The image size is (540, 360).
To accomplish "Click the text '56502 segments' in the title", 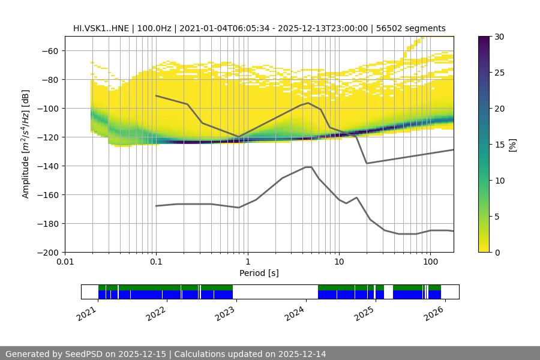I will pos(415,28).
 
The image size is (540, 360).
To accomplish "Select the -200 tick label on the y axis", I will pos(50,252).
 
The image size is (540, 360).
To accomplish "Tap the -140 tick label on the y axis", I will pos(50,166).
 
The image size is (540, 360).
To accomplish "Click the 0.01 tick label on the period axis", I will pos(65,262).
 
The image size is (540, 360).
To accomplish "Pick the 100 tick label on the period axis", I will pos(430,262).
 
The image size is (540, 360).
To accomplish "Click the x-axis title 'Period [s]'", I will pos(259,273).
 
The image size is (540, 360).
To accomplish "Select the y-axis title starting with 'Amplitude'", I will pos(26,144).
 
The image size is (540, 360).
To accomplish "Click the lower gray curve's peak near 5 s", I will pos(308,167).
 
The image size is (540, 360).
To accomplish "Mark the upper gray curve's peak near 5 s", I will pos(308,103).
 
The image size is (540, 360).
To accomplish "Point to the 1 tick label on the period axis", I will pos(247,262).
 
